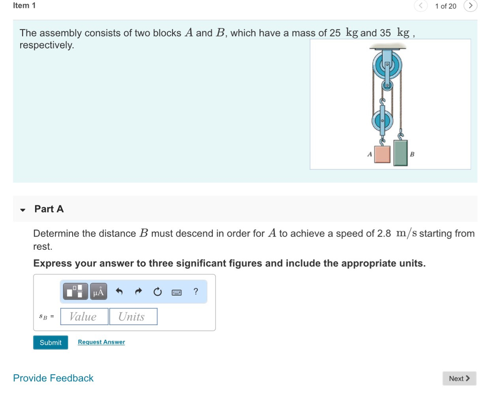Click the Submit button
click(51, 342)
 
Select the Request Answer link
click(101, 342)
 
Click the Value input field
click(83, 317)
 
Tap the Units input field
click(133, 317)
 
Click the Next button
click(459, 378)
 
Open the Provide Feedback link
click(53, 378)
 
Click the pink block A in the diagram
click(382, 154)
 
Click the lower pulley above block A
click(382, 121)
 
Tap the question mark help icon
click(195, 292)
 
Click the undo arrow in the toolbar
click(119, 292)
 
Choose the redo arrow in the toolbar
click(138, 292)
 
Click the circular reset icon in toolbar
click(157, 292)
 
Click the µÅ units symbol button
click(98, 291)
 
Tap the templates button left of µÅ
click(75, 291)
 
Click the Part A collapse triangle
click(22, 210)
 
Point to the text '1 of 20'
click(445, 6)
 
